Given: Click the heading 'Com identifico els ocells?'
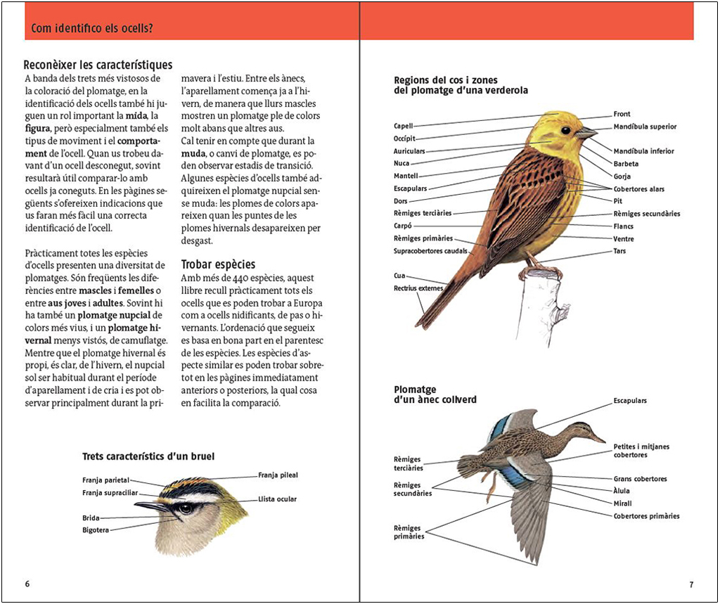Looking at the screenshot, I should pos(93,29).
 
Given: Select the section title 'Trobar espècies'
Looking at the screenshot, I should pos(218,264).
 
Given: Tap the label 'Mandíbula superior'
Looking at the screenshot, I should pos(645,127).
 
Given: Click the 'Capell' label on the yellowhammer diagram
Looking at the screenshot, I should pos(404,126).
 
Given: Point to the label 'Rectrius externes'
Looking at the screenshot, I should pos(418,288).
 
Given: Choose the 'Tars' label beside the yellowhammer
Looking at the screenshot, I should pos(619,251).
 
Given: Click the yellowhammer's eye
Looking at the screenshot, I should pos(566,130).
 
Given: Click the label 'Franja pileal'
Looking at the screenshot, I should pos(278,475).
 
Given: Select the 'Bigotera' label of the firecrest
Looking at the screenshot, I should pos(96,530).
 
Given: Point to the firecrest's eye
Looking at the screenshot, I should pos(185,508).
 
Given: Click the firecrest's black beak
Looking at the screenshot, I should pos(151,506).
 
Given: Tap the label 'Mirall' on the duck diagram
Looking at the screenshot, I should pos(622,503).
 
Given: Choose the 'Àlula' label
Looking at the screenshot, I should pos(622,491).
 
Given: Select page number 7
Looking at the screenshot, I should pos(691,584).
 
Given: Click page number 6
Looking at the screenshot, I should pos(27,584).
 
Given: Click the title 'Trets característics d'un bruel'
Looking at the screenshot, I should pos(148,456).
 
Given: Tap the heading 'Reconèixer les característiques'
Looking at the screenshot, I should pos(98,65).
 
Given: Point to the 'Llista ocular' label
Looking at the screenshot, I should pos(277,499).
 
